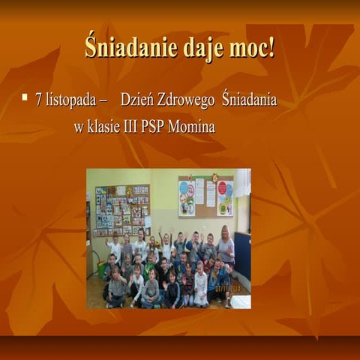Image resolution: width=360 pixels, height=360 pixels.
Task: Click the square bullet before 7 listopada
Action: click(25, 97)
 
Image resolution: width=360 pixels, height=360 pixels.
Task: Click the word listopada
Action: click(68, 100)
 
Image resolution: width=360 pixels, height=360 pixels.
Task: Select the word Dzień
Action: click(137, 100)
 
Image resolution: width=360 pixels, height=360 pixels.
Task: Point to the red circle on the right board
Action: click(222, 188)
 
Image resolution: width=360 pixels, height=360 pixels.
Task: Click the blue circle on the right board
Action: click(187, 187)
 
